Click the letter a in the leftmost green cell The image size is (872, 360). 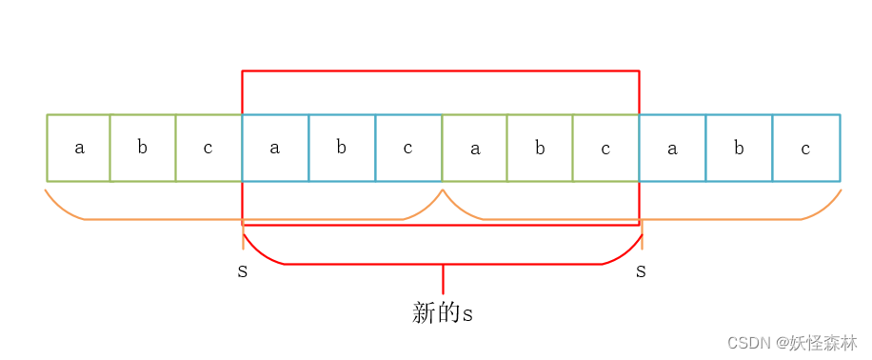[x=79, y=148]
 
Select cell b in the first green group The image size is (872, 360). [x=143, y=148]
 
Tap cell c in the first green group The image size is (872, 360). [x=208, y=148]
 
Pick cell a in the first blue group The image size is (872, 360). [x=275, y=148]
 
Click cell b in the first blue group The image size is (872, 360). [x=342, y=148]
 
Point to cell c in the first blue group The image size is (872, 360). [x=408, y=148]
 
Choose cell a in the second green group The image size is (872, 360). [x=474, y=148]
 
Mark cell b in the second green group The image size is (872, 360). [x=540, y=148]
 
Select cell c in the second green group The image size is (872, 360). [x=605, y=148]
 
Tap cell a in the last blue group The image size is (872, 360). [x=672, y=148]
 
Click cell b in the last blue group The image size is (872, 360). [x=739, y=148]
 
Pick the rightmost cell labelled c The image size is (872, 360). [x=805, y=148]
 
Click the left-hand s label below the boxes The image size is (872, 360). [x=243, y=271]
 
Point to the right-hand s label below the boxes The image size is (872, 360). [x=641, y=271]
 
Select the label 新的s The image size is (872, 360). [x=443, y=312]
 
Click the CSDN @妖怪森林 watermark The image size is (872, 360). [x=791, y=342]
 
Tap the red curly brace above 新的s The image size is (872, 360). [x=443, y=264]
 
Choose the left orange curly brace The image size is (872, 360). [x=243, y=218]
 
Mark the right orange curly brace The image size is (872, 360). [x=643, y=218]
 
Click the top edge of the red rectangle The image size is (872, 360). [x=441, y=70]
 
